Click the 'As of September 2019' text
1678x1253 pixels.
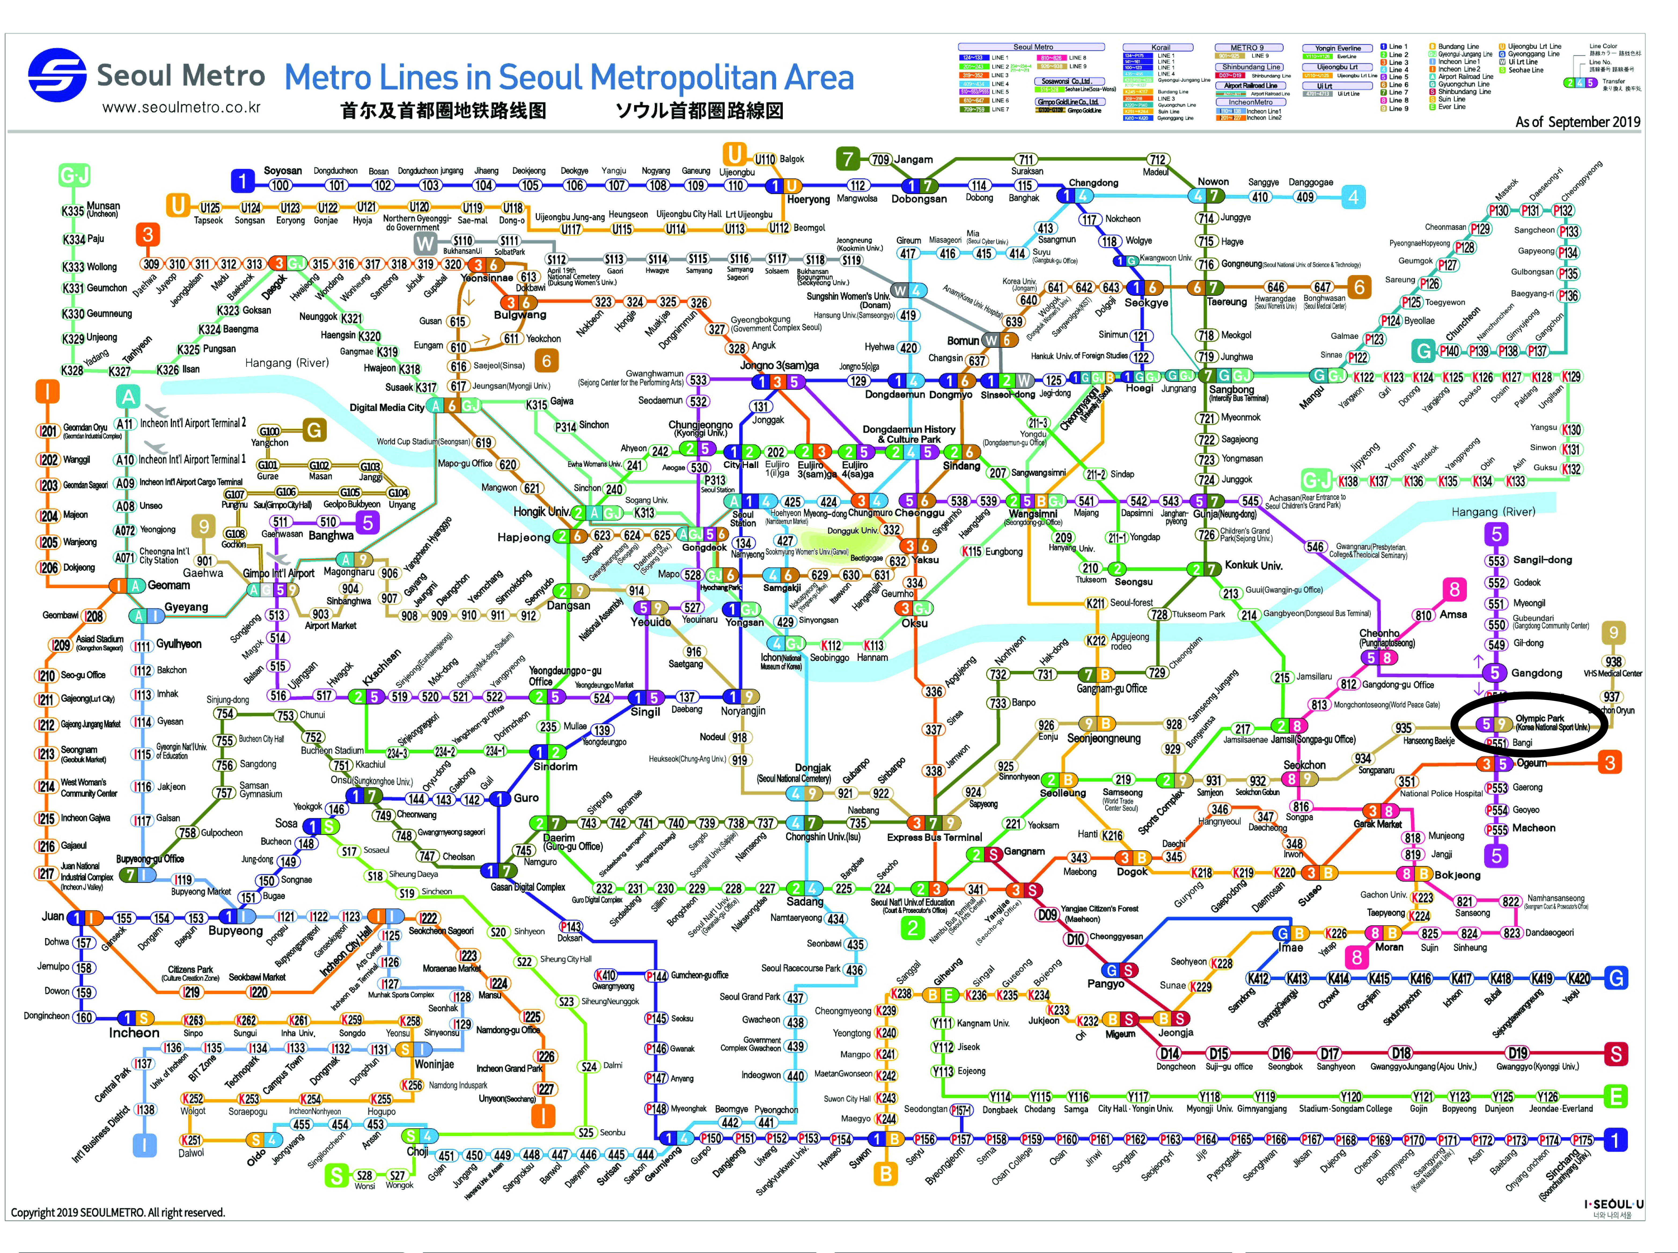(1577, 122)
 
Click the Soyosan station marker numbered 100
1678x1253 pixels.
(280, 185)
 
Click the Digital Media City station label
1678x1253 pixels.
(387, 407)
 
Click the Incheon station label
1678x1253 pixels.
(134, 1033)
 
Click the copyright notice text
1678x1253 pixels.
(118, 1212)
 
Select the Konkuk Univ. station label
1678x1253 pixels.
(1253, 565)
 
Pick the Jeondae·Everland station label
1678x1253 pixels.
(1560, 1109)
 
